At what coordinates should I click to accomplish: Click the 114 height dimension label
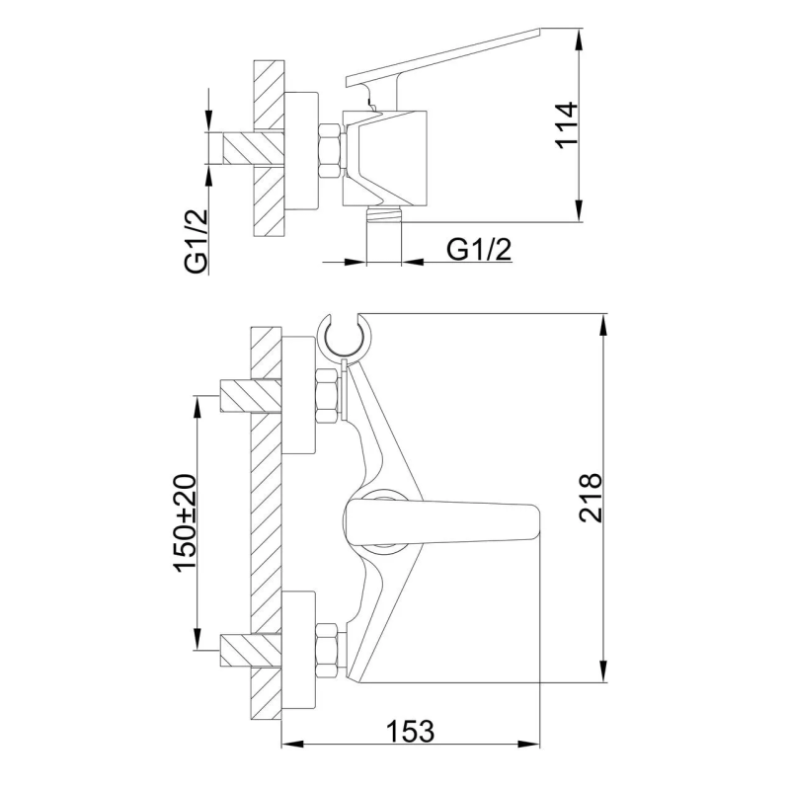(x=566, y=123)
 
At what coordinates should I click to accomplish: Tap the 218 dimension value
(x=591, y=499)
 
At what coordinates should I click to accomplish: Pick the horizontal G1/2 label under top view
(x=480, y=249)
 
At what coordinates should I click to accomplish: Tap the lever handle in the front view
(x=444, y=519)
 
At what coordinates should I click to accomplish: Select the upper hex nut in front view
(x=327, y=393)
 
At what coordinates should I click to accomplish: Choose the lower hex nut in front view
(x=327, y=650)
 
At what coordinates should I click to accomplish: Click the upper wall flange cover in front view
(x=299, y=395)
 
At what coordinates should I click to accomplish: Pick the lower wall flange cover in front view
(x=299, y=650)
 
